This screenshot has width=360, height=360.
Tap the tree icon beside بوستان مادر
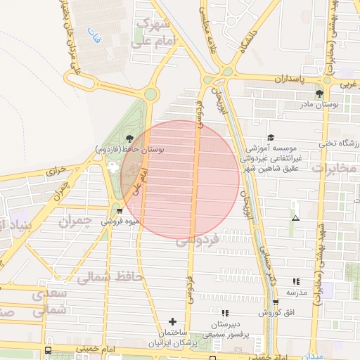[319, 94]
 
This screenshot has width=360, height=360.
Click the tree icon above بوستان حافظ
[129, 139]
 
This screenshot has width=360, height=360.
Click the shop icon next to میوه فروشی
[119, 210]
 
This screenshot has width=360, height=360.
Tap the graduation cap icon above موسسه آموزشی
[271, 139]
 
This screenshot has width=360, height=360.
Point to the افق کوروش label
[288, 311]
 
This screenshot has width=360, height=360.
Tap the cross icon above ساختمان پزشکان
[172, 321]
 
